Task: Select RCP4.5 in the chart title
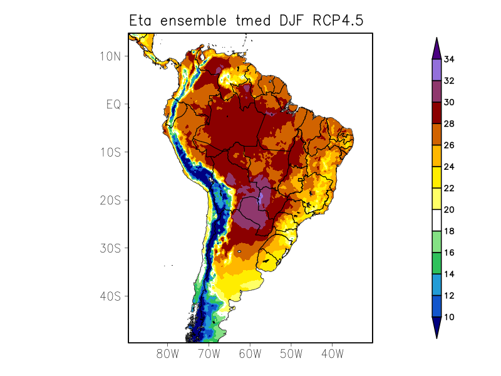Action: (337, 21)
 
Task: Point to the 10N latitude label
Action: (110, 56)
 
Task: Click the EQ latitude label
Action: (113, 105)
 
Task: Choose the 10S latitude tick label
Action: (110, 152)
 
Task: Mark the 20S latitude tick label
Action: (110, 201)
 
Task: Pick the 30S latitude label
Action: (110, 248)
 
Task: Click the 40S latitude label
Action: (110, 296)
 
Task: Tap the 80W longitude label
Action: (168, 353)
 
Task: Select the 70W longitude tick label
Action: (209, 353)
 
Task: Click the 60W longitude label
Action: (250, 353)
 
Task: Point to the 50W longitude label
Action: (291, 353)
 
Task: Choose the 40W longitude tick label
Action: (332, 353)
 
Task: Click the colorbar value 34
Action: (449, 60)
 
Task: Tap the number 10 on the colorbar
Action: (449, 317)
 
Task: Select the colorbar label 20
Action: (449, 210)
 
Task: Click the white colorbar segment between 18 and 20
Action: (436, 221)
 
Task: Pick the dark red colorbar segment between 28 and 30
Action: (436, 113)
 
